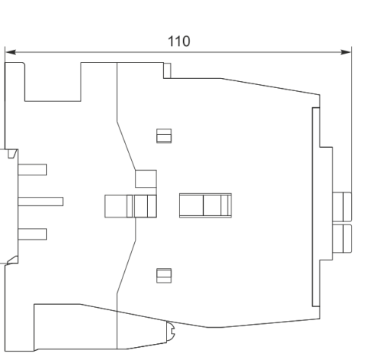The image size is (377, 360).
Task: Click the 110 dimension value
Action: [179, 41]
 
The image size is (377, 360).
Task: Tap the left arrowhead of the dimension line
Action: [10, 52]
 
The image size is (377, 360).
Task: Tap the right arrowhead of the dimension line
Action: [346, 52]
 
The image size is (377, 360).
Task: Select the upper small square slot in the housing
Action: [164, 136]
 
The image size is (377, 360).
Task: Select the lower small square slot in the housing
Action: [164, 276]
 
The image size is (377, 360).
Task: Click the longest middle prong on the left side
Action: [41, 201]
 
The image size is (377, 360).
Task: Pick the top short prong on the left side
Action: [32, 169]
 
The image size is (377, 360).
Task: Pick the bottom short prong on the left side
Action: [32, 234]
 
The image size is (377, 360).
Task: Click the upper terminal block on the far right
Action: [342, 207]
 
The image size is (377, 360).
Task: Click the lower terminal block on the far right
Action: [342, 239]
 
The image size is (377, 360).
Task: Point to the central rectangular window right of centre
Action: [205, 205]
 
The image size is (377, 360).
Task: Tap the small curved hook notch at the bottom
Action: [171, 332]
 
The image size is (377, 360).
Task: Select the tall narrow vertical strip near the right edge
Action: [316, 207]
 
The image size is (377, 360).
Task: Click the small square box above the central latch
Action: [146, 178]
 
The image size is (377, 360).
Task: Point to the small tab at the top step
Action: [167, 70]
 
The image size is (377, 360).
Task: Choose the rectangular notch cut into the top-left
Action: [53, 82]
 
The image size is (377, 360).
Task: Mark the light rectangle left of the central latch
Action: [116, 206]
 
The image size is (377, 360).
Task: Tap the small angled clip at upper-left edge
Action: [12, 154]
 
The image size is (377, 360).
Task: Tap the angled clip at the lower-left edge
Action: [12, 260]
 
